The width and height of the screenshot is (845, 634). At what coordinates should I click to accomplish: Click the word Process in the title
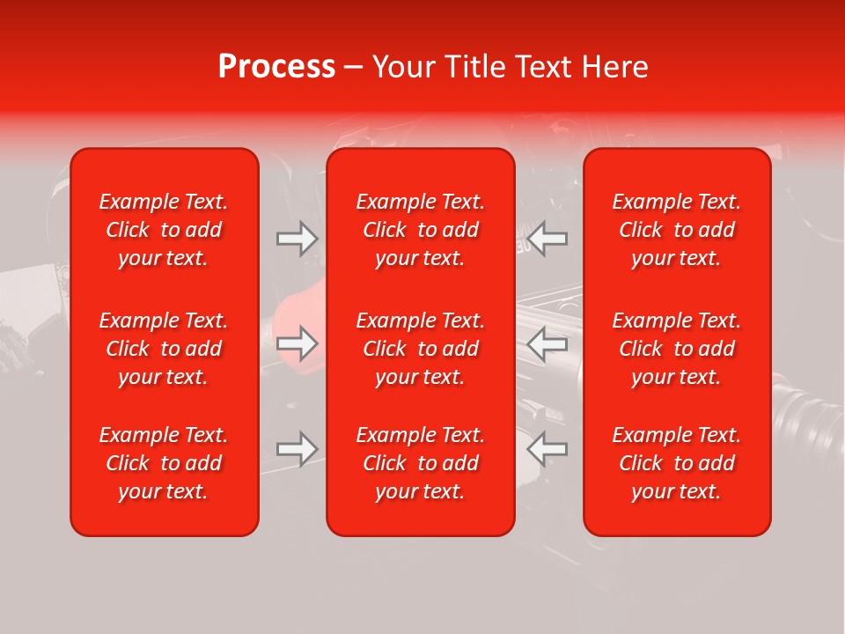click(276, 67)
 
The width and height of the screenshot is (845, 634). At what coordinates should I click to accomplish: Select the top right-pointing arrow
click(298, 238)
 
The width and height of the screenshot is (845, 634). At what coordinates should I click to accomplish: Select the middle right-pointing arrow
click(298, 343)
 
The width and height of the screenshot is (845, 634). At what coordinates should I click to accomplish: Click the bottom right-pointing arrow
click(298, 449)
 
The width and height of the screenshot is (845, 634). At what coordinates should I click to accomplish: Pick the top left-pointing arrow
click(547, 238)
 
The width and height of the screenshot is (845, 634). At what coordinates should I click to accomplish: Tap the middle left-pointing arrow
click(547, 343)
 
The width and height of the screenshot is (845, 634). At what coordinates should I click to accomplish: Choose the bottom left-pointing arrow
click(547, 449)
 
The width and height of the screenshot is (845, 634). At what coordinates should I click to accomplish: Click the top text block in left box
click(164, 230)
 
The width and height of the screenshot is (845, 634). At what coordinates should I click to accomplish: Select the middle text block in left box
click(164, 349)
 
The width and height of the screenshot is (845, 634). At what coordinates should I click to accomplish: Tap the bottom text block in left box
click(164, 463)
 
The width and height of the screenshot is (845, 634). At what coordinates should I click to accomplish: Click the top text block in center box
click(421, 230)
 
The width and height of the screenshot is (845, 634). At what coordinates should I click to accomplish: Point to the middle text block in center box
click(421, 349)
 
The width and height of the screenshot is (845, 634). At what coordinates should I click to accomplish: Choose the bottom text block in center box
click(421, 463)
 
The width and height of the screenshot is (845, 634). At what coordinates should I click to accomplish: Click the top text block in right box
click(677, 230)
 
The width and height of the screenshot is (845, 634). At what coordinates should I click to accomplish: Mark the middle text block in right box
click(677, 349)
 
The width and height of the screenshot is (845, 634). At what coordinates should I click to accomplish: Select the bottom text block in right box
click(677, 463)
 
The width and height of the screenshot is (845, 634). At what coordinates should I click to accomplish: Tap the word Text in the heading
click(543, 67)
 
